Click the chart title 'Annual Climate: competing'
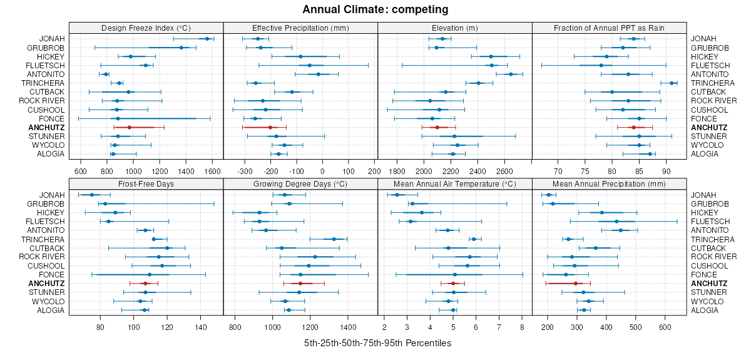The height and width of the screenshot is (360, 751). [375, 9]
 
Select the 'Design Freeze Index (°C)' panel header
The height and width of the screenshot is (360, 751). [146, 28]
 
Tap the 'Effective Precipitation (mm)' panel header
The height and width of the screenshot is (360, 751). [300, 28]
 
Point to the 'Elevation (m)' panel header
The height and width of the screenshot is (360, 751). [455, 28]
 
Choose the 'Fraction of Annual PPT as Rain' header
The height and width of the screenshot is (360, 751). [609, 28]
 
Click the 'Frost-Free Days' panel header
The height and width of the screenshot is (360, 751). [146, 184]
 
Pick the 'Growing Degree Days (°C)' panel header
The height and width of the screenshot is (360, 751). [300, 184]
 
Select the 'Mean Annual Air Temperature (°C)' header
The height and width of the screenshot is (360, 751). [455, 184]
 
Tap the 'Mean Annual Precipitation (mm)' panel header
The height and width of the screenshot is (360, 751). [609, 184]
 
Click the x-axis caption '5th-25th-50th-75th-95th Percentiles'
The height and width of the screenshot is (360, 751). [377, 343]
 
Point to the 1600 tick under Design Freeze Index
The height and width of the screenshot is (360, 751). [212, 170]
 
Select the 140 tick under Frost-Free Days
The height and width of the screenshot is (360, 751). [201, 327]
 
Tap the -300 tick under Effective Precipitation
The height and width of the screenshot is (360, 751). [245, 170]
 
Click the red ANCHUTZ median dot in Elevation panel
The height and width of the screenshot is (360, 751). [437, 127]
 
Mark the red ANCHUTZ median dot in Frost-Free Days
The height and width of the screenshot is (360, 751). [145, 284]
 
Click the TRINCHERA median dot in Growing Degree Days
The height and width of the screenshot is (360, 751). [334, 239]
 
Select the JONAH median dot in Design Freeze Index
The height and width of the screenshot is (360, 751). [208, 39]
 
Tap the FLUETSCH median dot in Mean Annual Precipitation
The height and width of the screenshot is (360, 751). [616, 222]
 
